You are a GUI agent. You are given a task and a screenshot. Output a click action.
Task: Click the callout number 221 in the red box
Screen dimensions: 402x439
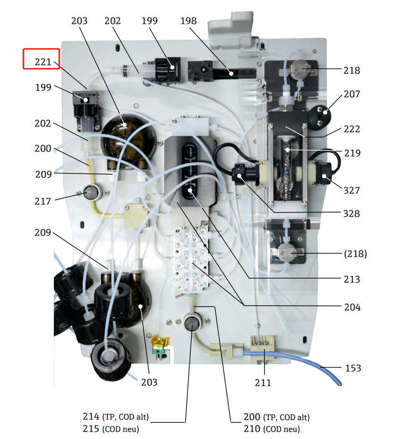[43, 62]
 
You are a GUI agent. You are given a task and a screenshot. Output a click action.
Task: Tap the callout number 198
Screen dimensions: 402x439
[188, 21]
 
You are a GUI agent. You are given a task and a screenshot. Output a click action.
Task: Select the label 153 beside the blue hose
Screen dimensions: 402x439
[353, 368]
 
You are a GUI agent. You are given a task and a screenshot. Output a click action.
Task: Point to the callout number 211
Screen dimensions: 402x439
[263, 382]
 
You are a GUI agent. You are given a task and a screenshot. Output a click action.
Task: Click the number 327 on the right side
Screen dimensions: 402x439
[351, 190]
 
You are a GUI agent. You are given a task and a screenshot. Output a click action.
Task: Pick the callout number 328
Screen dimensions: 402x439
[351, 214]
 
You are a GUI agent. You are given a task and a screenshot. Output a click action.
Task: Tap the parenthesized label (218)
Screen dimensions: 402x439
[355, 254]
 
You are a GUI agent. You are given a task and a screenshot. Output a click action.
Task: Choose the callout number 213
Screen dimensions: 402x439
[352, 279]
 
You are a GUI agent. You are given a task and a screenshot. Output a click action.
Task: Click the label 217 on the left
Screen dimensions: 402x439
[43, 201]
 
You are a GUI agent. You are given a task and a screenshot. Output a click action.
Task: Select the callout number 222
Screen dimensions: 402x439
[352, 129]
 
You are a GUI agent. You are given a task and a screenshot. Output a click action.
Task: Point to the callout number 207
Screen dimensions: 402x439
[352, 94]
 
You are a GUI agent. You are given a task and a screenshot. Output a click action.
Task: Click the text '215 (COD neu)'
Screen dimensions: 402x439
[111, 429]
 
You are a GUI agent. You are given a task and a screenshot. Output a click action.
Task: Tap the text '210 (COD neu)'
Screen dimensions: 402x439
[272, 429]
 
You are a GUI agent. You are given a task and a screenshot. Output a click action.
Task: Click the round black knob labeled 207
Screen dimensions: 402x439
[319, 117]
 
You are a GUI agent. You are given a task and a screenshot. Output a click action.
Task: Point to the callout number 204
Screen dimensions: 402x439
[352, 307]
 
